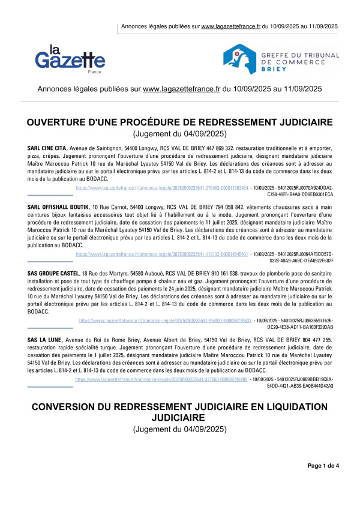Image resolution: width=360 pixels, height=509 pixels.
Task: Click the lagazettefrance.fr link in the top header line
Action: pos(230,26)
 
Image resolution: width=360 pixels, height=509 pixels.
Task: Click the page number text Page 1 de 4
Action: pos(323,465)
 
